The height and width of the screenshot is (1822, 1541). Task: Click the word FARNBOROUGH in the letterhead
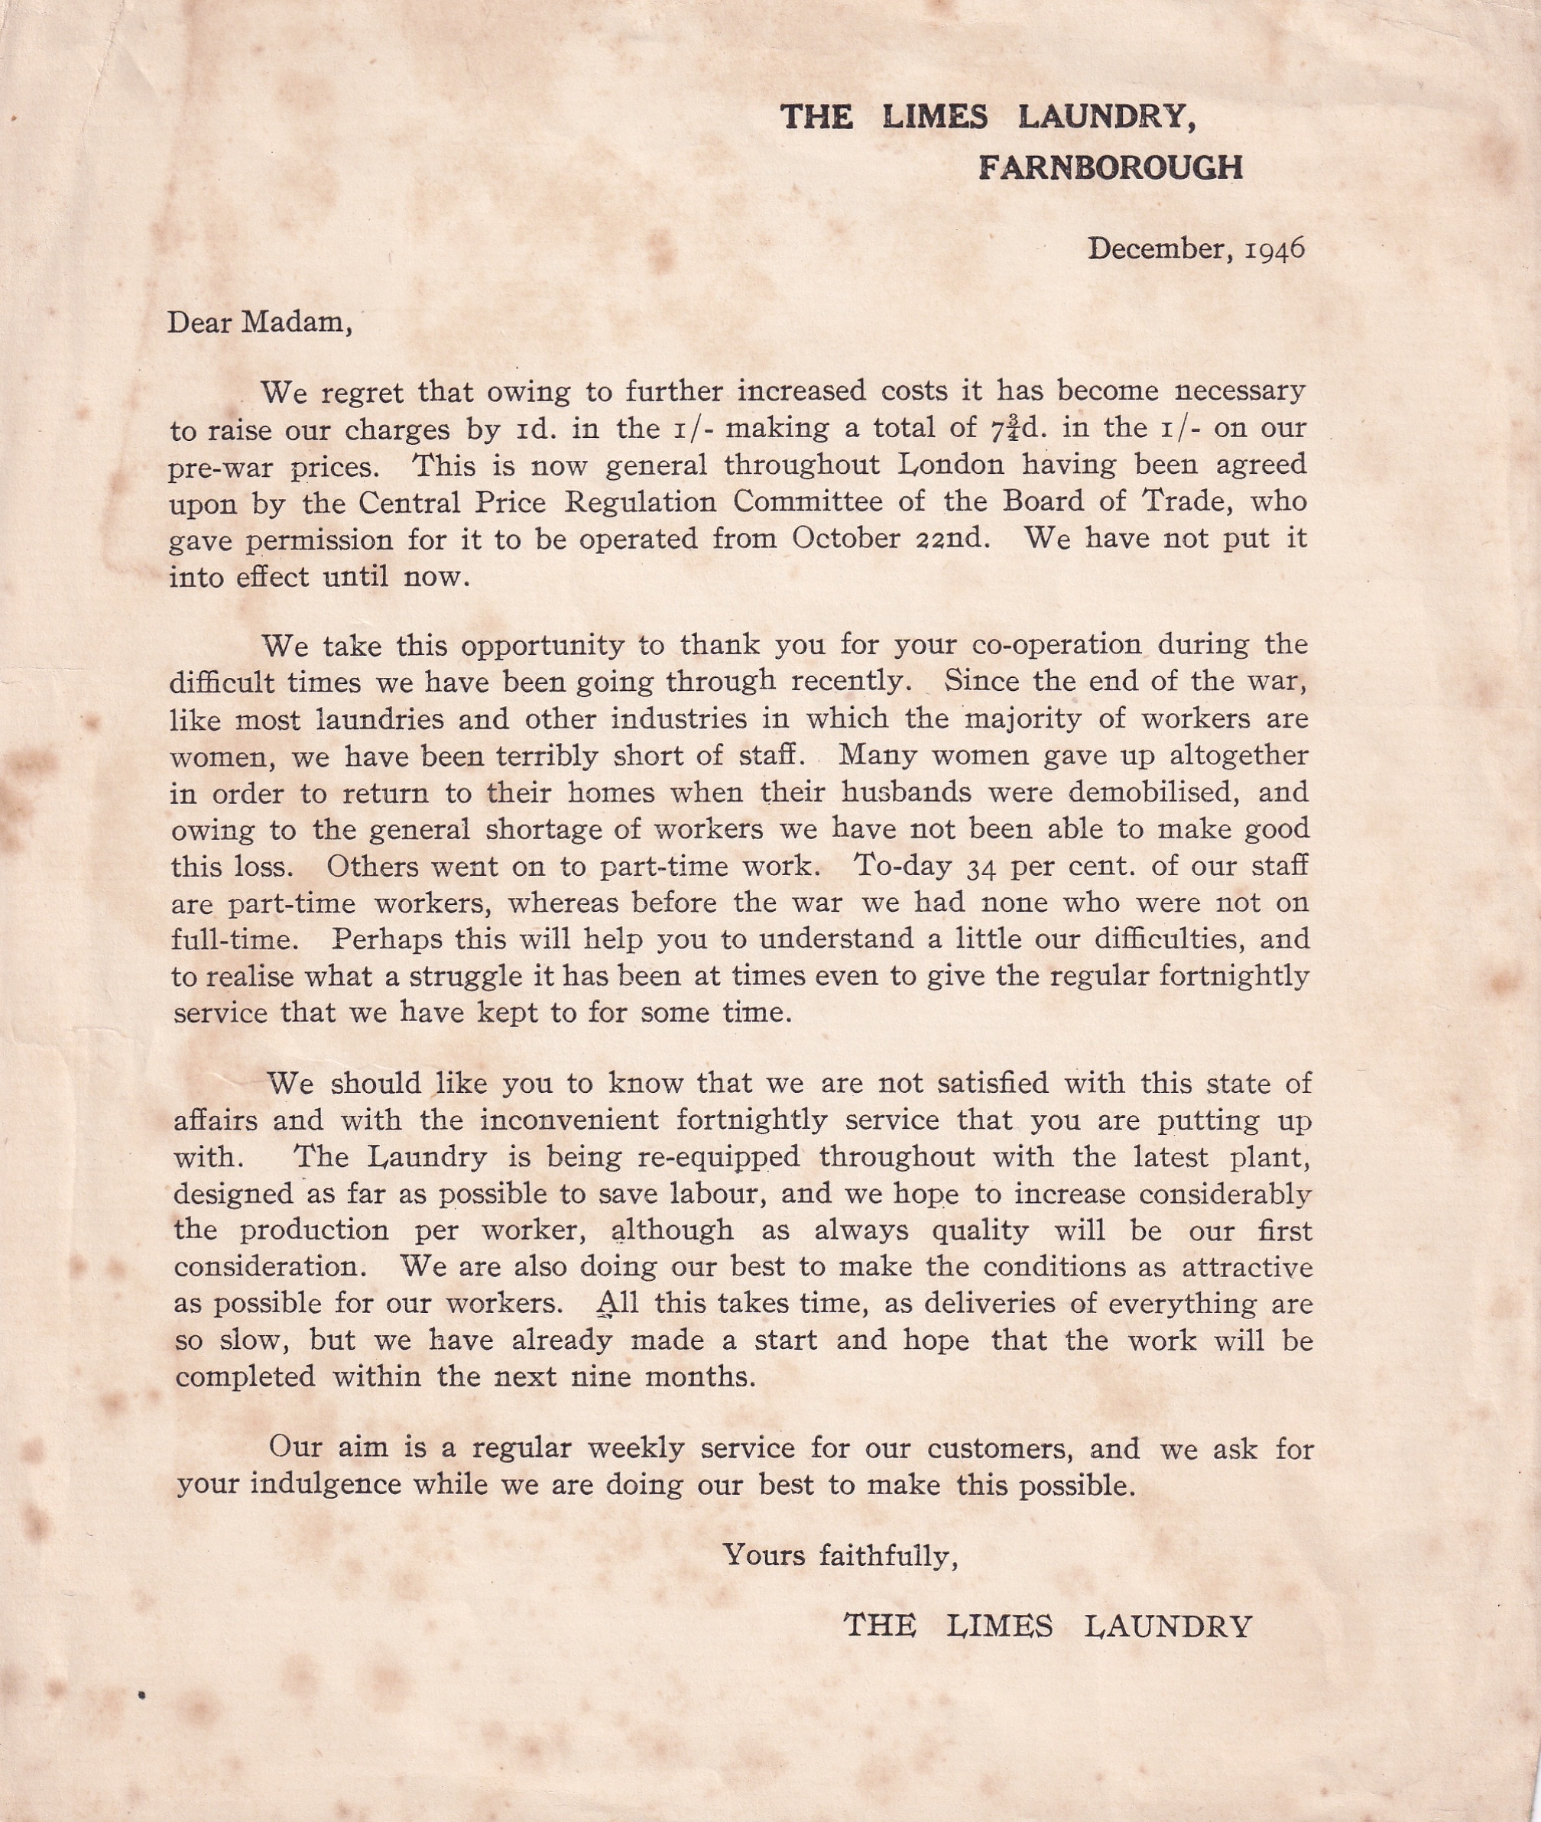pyautogui.click(x=1111, y=167)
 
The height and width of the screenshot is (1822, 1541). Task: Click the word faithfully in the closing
pyautogui.click(x=888, y=1555)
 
